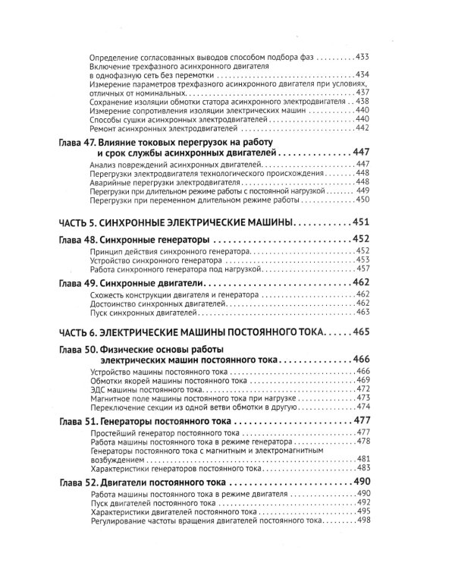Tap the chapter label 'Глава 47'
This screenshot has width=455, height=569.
click(x=77, y=143)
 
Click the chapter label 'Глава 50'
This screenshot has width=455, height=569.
click(x=77, y=350)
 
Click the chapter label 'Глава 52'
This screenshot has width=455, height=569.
click(x=77, y=483)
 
